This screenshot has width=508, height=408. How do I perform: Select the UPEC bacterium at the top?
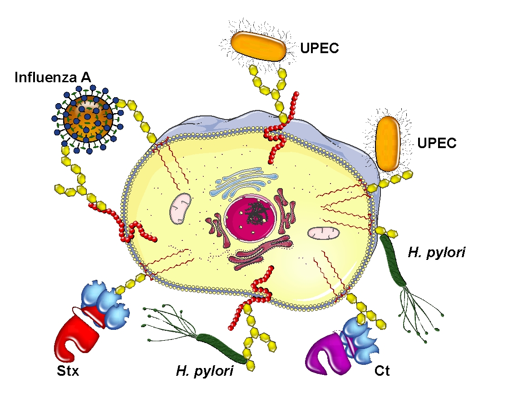(x=258, y=46)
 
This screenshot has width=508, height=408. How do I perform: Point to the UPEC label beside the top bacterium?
(x=320, y=48)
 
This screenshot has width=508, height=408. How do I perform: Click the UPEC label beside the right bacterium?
(x=437, y=143)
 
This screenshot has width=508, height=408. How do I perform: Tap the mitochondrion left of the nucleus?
(x=181, y=208)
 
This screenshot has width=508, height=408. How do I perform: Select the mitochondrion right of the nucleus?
(x=323, y=233)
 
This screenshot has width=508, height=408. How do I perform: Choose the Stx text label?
(x=68, y=371)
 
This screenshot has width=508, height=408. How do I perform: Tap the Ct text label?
(x=382, y=371)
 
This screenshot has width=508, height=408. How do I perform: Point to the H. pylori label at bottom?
(x=204, y=371)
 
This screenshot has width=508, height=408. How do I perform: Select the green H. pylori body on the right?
(x=393, y=261)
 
